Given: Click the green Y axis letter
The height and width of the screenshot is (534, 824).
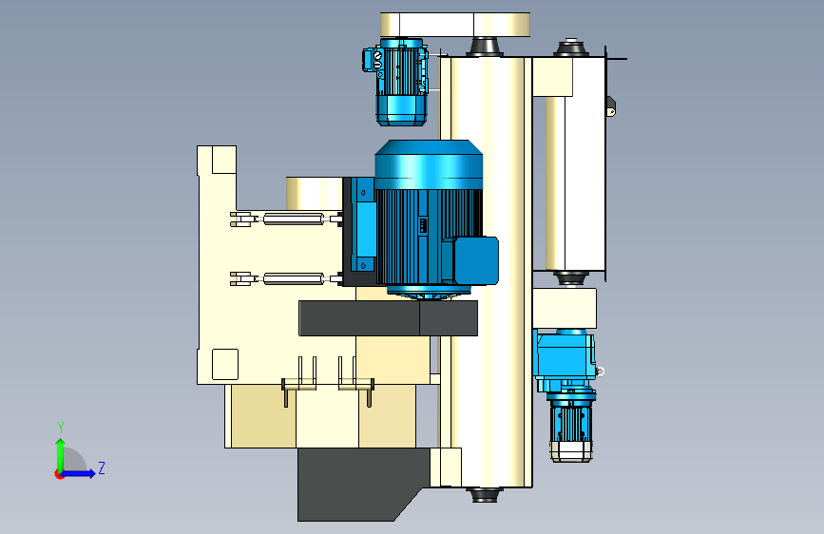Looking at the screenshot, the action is click(x=61, y=427).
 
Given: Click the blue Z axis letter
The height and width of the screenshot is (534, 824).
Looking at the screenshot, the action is click(x=102, y=467).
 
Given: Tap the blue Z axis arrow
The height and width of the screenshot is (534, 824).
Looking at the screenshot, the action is click(x=77, y=473).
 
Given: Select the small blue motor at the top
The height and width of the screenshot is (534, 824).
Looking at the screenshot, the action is click(x=396, y=82).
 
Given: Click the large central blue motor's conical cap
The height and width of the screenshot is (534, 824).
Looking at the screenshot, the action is click(x=429, y=158).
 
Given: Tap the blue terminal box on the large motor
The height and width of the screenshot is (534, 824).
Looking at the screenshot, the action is click(x=474, y=260).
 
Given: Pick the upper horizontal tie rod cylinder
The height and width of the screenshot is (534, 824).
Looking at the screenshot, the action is click(x=287, y=219).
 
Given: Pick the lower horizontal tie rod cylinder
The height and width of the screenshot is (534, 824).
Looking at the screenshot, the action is click(x=287, y=278).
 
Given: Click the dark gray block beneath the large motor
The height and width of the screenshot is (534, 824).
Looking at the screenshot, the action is click(x=388, y=318).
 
